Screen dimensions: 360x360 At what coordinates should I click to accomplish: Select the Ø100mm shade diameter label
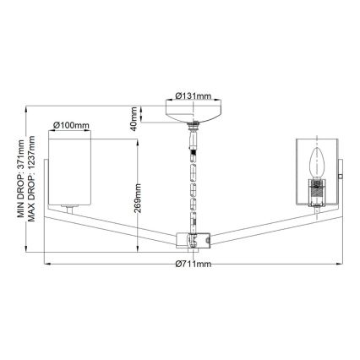point(71,126)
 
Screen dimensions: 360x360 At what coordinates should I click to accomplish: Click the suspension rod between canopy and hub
point(194,182)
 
